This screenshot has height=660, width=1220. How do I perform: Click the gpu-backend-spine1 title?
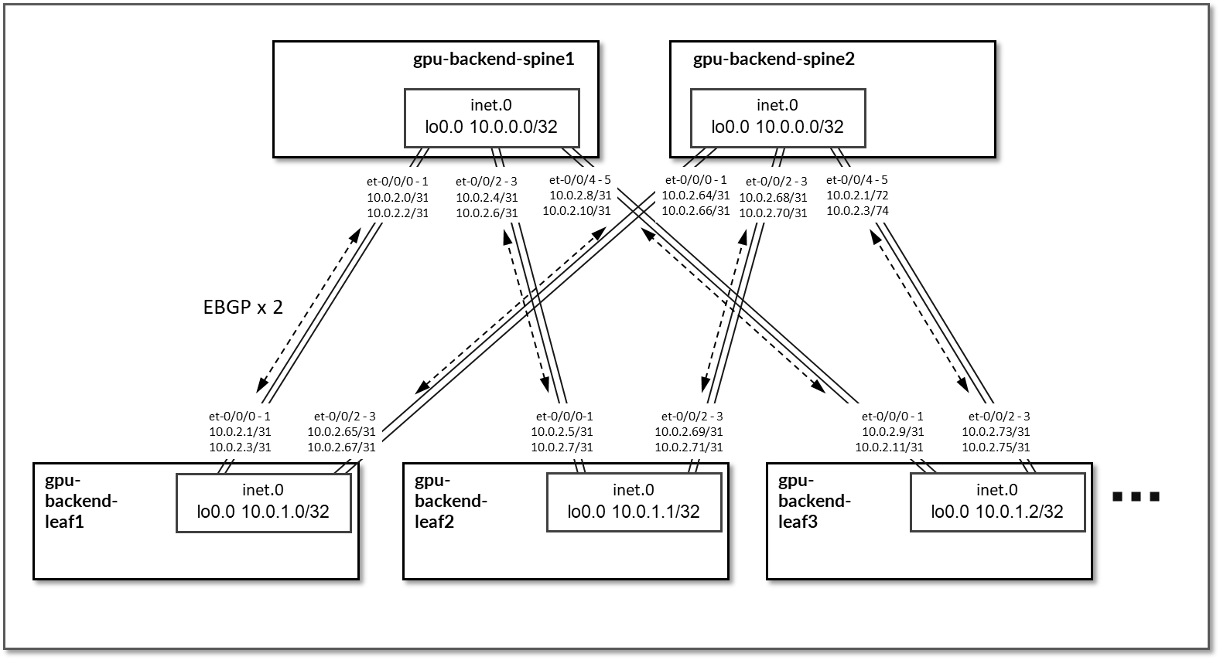point(493,59)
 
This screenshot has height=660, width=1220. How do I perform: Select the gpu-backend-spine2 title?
point(773,59)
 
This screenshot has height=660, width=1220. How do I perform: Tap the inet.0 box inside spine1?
point(491,117)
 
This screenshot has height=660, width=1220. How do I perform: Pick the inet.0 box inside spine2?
point(777,117)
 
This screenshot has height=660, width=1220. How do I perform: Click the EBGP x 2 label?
point(243,308)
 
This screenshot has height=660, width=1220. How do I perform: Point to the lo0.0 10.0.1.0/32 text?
point(263,512)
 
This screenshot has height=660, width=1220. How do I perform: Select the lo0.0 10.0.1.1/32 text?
point(634,512)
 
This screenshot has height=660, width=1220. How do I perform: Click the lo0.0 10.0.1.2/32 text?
point(996,512)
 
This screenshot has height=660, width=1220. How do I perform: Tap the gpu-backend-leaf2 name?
point(451,501)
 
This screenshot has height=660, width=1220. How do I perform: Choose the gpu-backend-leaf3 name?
point(814,501)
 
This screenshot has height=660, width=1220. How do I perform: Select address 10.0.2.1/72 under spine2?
point(857,196)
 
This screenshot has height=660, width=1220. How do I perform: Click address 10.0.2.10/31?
point(576,210)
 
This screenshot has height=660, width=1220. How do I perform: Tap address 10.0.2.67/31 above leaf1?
point(341,447)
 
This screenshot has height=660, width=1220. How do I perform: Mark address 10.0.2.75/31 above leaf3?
point(996,447)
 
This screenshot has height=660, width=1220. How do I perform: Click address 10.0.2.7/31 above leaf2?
point(562,447)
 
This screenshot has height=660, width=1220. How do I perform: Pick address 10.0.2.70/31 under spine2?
point(774,213)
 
